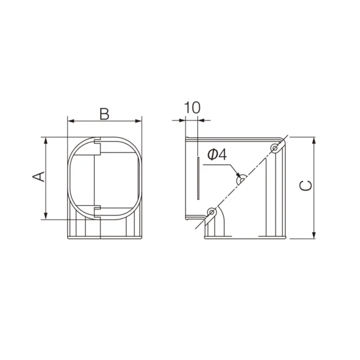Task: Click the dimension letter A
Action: (38, 176)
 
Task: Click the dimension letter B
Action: (104, 114)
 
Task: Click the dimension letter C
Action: (306, 185)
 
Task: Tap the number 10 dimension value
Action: (193, 107)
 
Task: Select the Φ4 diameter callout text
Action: (217, 154)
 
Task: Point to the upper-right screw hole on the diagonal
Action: (275, 148)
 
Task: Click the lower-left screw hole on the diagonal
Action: (211, 212)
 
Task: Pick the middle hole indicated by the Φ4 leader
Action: (242, 180)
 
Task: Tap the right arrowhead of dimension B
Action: (139, 121)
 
